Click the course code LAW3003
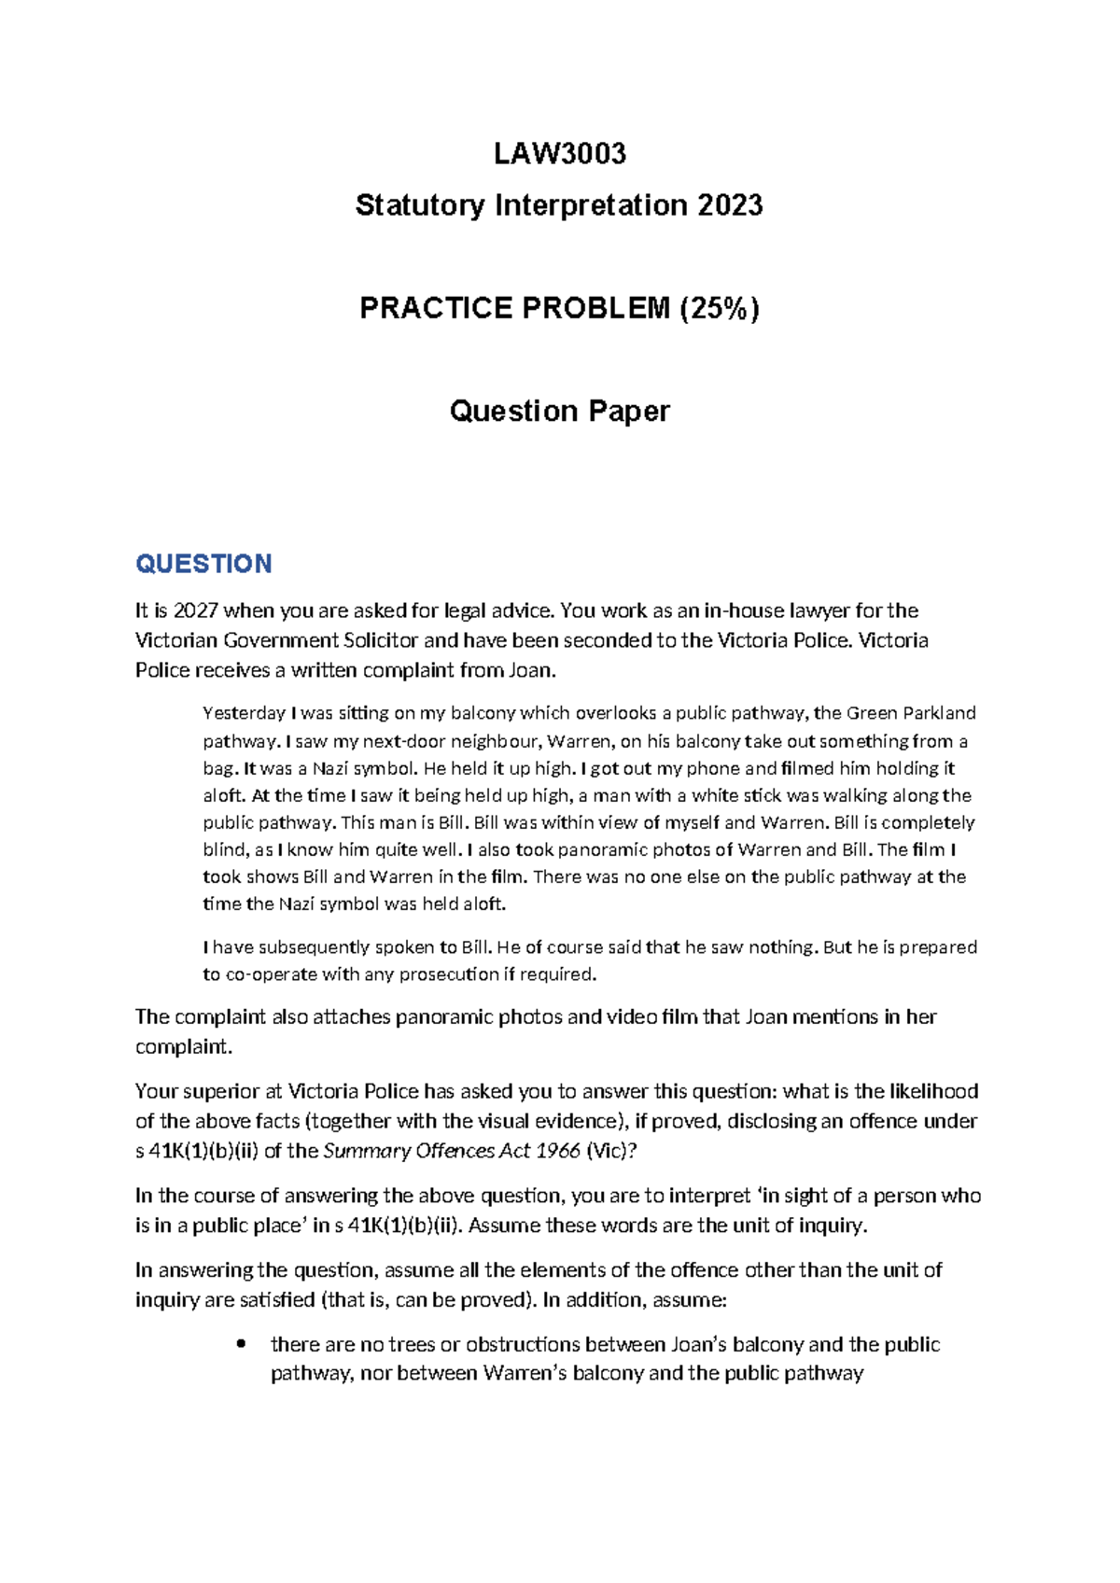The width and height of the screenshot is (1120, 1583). point(559,153)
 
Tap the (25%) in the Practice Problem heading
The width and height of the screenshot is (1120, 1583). point(719,307)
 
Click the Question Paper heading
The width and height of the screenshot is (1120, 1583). point(559,411)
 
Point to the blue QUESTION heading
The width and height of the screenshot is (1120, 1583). point(203,564)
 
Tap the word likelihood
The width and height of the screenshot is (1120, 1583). point(933,1091)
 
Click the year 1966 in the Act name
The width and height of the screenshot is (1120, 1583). point(558,1151)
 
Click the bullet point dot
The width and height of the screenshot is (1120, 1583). point(242,1344)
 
